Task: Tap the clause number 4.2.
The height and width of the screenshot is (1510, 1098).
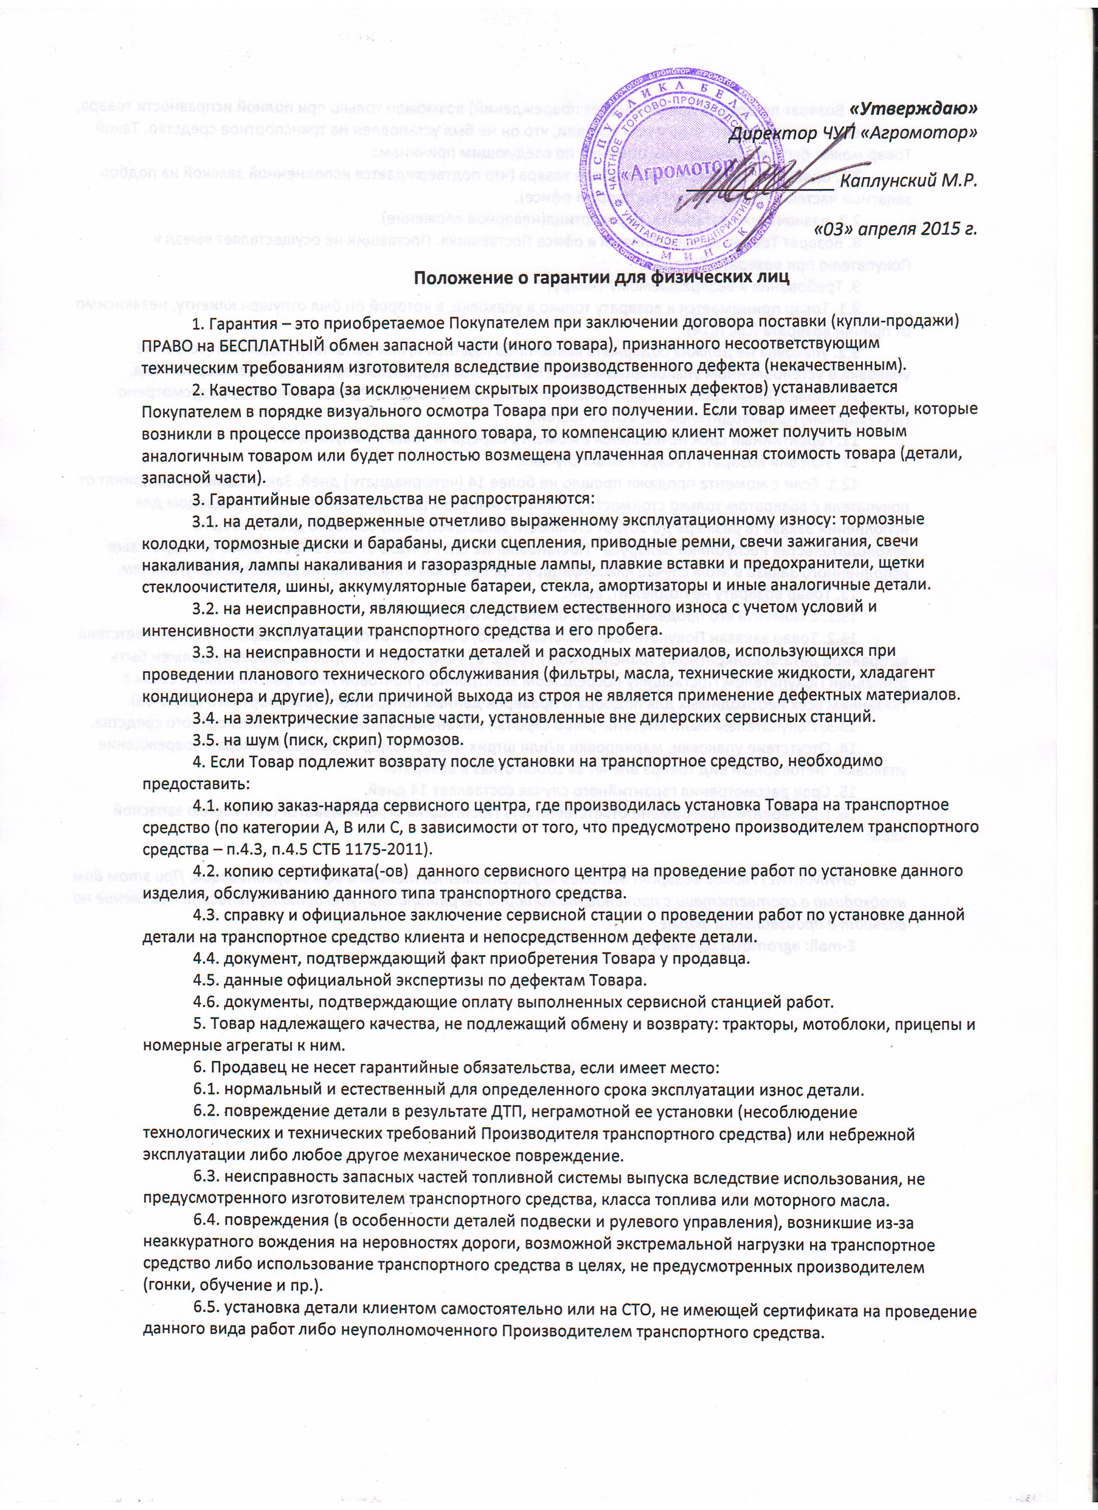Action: click(206, 871)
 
